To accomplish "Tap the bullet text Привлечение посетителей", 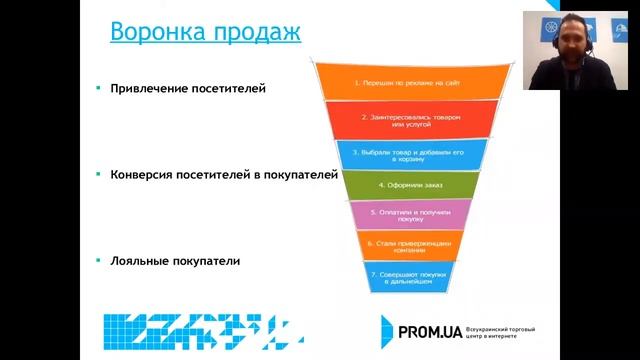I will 188,88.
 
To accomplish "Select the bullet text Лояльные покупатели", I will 176,260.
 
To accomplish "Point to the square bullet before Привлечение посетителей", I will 98,88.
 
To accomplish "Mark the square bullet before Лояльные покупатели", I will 98,260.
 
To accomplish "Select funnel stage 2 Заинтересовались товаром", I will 398,121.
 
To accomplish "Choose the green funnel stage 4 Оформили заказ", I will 398,185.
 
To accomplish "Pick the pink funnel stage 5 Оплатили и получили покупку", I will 398,216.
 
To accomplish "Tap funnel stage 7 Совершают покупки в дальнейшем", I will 398,278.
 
